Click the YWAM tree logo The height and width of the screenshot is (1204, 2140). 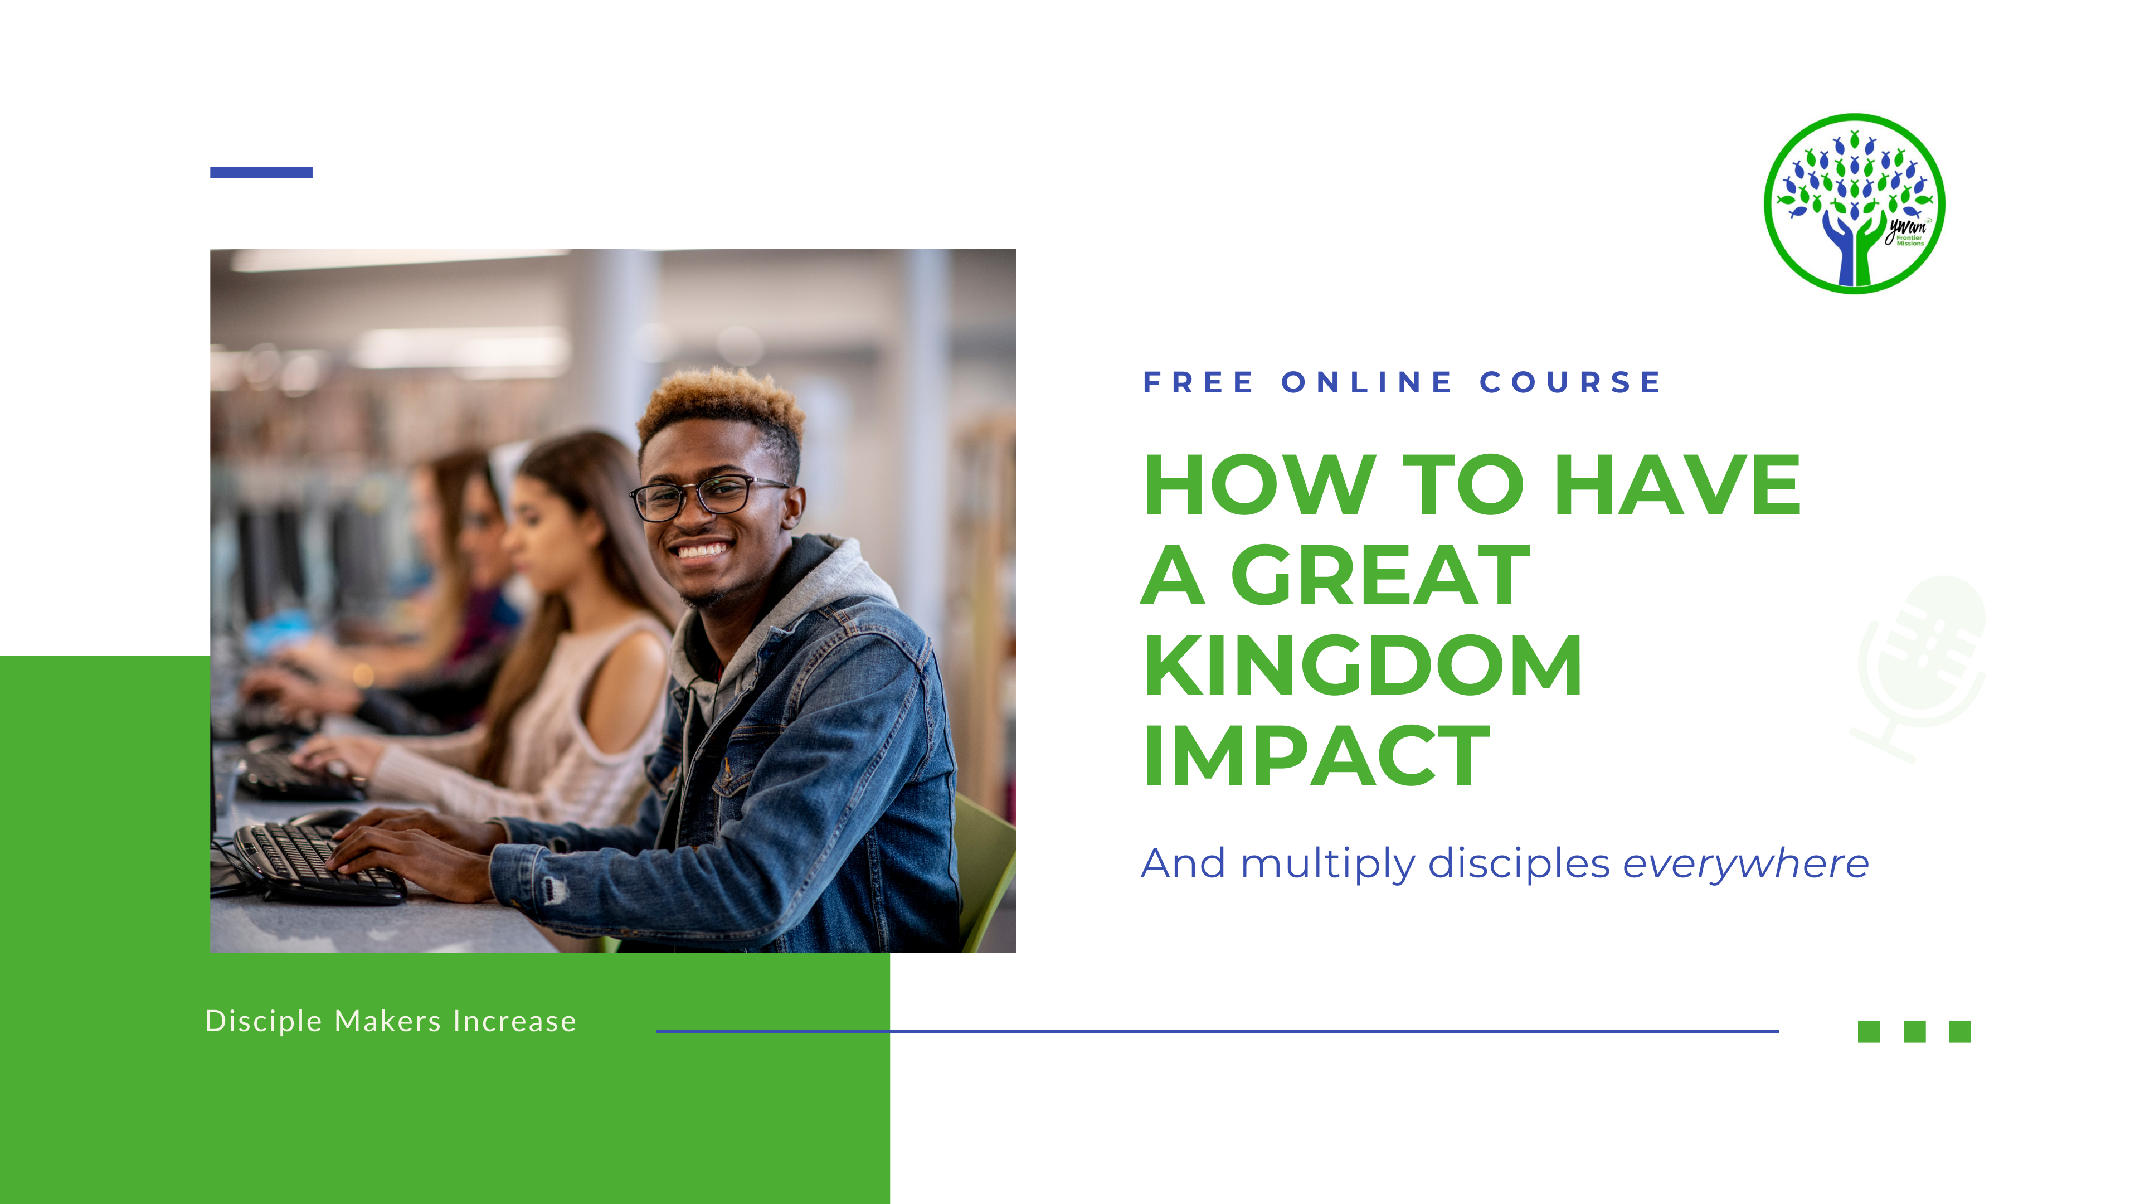1854,203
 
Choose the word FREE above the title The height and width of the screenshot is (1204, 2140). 1198,382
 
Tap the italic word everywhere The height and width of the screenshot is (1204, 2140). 1745,864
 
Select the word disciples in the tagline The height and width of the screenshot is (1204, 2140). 1519,864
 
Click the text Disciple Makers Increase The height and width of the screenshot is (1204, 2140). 391,1021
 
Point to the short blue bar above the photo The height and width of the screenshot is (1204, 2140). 261,172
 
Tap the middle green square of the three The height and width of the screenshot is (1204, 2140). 1915,1031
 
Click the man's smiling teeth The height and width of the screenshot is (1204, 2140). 702,550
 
